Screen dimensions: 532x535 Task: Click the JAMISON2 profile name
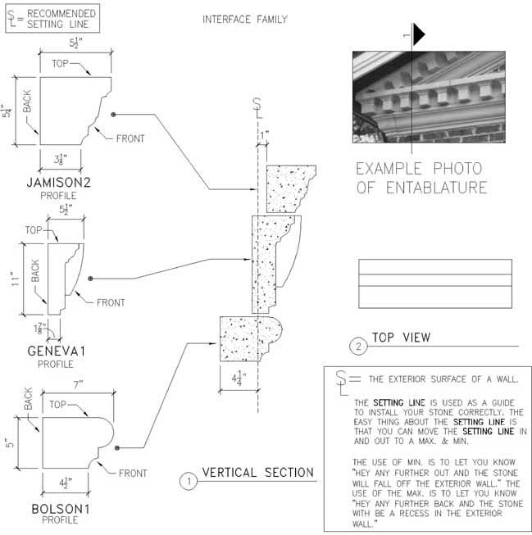click(x=59, y=183)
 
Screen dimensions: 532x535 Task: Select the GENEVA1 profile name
click(x=56, y=351)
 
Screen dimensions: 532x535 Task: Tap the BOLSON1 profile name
click(x=61, y=509)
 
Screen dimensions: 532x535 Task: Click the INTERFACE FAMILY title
click(x=245, y=20)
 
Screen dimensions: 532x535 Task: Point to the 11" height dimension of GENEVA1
click(x=15, y=279)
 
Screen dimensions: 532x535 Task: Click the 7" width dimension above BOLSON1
click(x=78, y=385)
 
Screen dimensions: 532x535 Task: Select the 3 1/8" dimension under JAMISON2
click(x=60, y=159)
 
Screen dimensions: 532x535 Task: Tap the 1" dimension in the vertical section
click(x=264, y=135)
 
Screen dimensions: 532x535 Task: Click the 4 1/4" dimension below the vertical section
click(x=239, y=379)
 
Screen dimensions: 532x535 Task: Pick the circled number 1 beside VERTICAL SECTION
click(x=189, y=481)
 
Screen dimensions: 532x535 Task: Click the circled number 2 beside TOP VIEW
click(x=358, y=347)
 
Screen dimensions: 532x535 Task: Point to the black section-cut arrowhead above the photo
click(x=419, y=34)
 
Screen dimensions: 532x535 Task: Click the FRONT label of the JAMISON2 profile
click(x=130, y=138)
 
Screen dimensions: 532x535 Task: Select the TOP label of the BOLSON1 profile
click(x=57, y=404)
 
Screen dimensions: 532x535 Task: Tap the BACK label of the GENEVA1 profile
click(x=35, y=270)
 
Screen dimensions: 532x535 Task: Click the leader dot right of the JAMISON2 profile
click(x=113, y=115)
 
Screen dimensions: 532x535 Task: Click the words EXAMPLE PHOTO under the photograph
click(x=419, y=169)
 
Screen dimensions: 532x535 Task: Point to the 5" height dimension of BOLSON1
click(x=10, y=443)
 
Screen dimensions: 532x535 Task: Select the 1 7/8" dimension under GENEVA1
click(x=40, y=328)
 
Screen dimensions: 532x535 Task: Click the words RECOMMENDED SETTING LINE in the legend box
click(x=61, y=19)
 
